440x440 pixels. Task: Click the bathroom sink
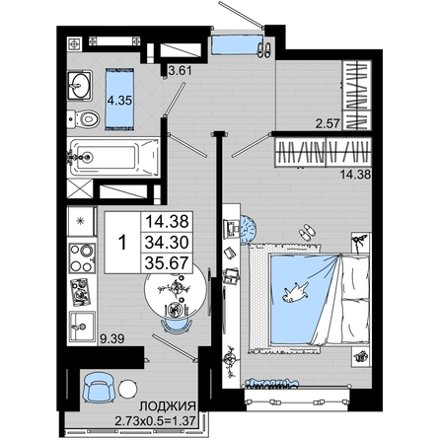tap(79, 85)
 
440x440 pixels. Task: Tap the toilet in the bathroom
tap(83, 119)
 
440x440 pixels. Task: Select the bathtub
tap(113, 158)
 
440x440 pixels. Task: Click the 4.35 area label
tap(119, 101)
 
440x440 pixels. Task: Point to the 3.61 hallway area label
tap(180, 70)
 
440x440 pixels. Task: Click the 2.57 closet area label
tap(328, 123)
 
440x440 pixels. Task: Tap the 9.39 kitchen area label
tap(112, 338)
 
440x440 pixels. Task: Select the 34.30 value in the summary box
tap(167, 243)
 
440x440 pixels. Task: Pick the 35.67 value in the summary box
tap(167, 263)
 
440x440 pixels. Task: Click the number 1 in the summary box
tap(122, 243)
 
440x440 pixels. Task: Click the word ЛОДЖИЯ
tap(168, 406)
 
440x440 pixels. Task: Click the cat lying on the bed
tap(295, 292)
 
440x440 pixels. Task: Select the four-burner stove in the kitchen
tap(82, 258)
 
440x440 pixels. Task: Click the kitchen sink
tap(82, 326)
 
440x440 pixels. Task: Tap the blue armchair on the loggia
tap(98, 387)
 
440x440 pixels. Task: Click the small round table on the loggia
tap(127, 390)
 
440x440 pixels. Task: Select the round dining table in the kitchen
tap(176, 288)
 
